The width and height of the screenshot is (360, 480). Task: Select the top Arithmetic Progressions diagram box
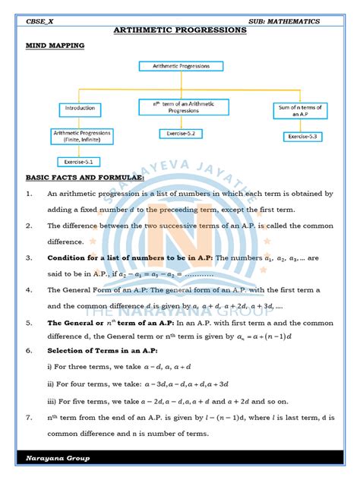tap(180, 66)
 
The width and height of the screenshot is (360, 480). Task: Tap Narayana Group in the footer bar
tap(58, 458)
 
